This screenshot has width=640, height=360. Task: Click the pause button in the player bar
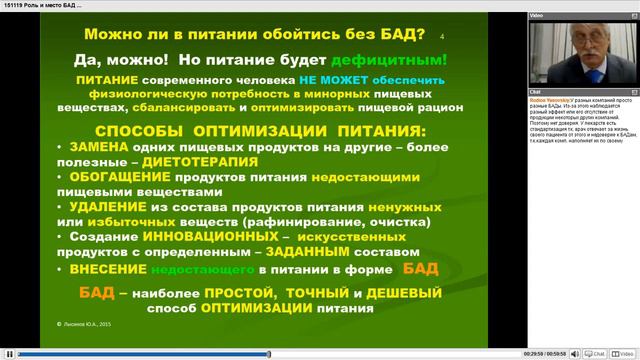point(8,353)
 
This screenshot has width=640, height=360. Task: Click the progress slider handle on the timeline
point(268,353)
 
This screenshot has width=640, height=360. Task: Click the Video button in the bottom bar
point(625,353)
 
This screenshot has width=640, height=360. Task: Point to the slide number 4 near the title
point(443,37)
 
